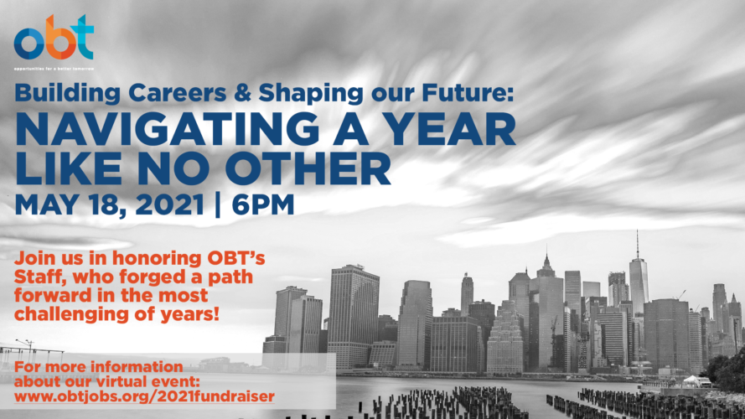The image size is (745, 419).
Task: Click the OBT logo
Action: [54, 38]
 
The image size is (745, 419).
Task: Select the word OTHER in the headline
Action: [308, 168]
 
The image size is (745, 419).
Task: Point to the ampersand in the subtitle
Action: [242, 93]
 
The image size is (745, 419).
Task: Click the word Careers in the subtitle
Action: [177, 93]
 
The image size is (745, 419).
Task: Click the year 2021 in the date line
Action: [169, 204]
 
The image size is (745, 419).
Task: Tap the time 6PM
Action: [263, 204]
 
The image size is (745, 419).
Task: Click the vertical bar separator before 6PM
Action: [218, 205]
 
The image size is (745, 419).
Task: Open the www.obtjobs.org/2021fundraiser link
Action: [144, 396]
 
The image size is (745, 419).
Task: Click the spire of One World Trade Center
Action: [638, 244]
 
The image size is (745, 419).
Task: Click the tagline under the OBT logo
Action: [54, 69]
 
